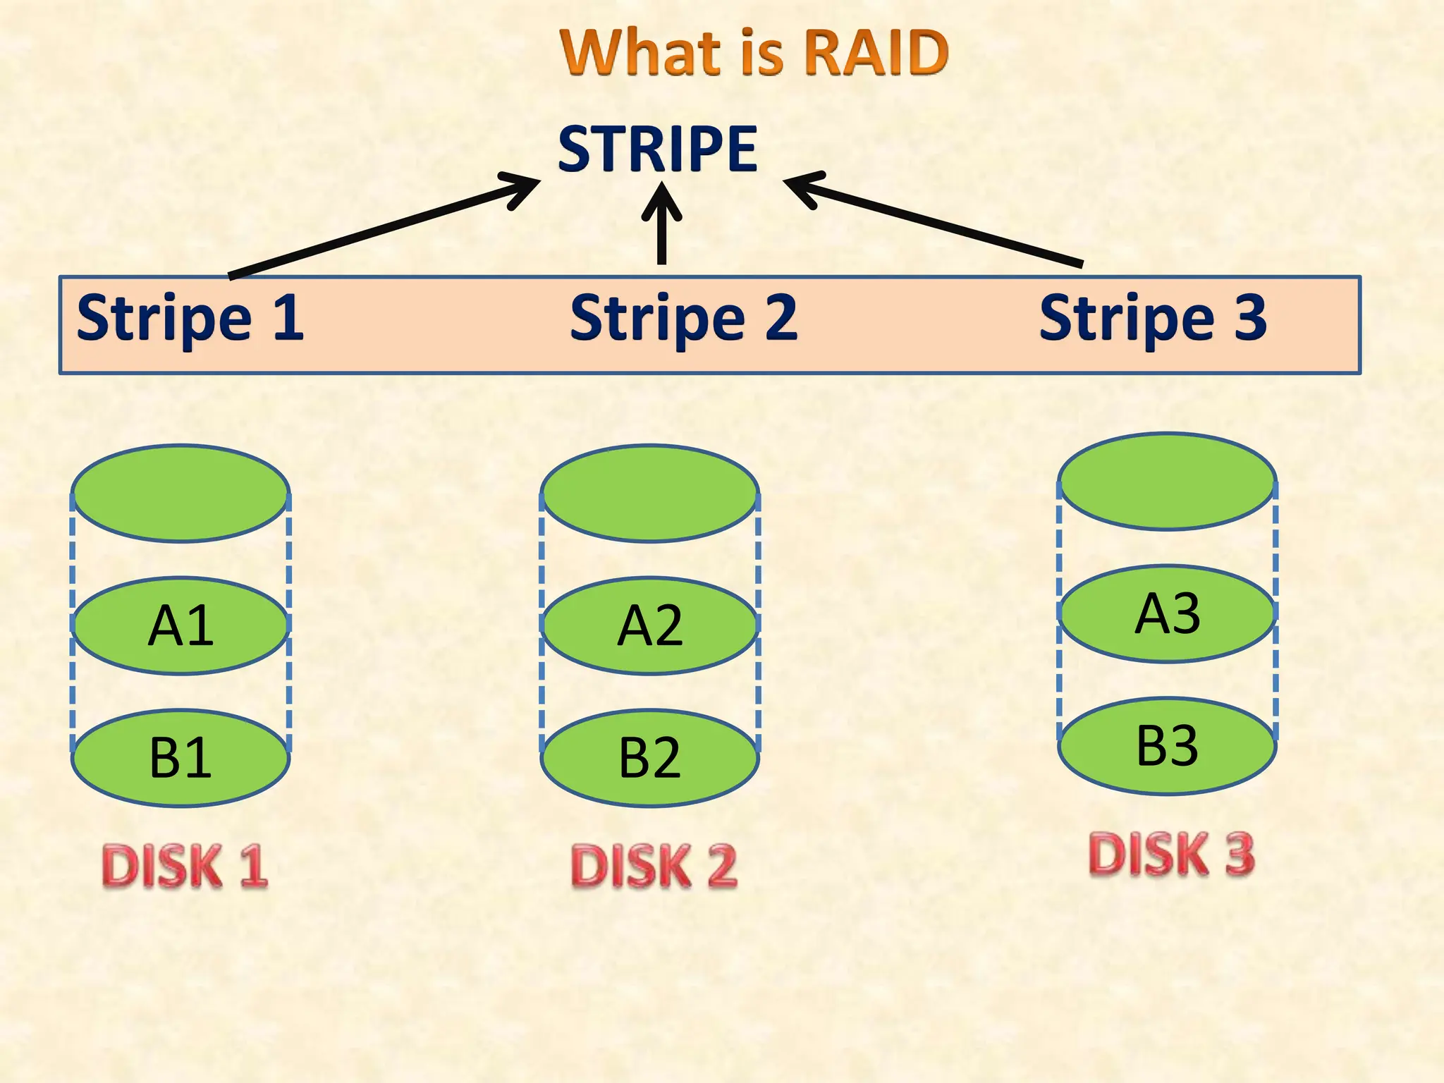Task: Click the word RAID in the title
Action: [876, 52]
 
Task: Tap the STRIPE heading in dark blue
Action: [657, 149]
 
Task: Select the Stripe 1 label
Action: [190, 319]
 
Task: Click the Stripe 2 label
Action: [683, 319]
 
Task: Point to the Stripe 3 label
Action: [1153, 319]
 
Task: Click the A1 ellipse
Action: [180, 625]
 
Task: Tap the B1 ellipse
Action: [180, 758]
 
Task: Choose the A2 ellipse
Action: [650, 625]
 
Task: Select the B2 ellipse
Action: [650, 758]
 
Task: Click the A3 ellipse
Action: [1167, 613]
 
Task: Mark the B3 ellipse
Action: [1167, 746]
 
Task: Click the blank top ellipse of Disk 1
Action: [180, 493]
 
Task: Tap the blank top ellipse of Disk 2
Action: [650, 493]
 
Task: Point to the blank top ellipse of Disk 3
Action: [1167, 481]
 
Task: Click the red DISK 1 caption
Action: [185, 866]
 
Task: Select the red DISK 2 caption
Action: [654, 866]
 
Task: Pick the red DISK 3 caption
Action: [1171, 855]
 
